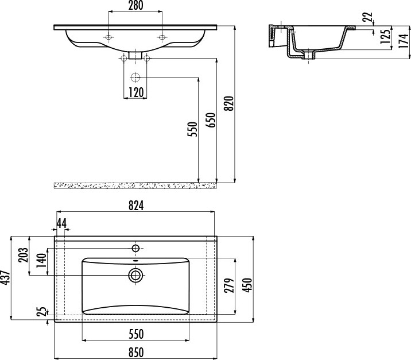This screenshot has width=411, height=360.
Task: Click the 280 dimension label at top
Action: [x=135, y=6]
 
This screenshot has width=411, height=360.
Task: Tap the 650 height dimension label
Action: [x=211, y=121]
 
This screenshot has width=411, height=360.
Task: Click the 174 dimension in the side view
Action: [x=404, y=41]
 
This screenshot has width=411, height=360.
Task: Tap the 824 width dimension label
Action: [x=135, y=207]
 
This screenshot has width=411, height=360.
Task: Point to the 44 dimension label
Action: [x=61, y=222]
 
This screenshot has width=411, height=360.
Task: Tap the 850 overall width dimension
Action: [x=135, y=352]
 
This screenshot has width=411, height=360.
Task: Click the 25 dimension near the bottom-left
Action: [x=41, y=312]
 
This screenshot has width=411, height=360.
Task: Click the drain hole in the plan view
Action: [x=136, y=276]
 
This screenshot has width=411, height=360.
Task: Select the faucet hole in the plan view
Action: [x=136, y=248]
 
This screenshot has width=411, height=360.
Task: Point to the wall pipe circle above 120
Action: [x=135, y=78]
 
